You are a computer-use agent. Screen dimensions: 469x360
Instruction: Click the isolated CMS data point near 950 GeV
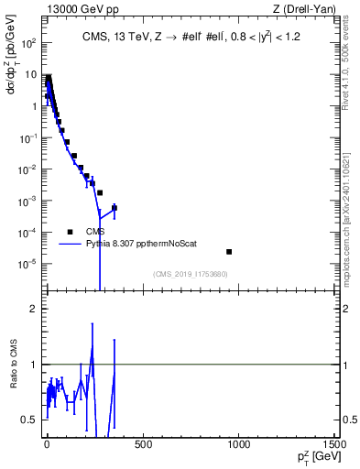[229, 252]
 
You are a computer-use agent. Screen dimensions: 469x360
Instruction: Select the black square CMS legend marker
[70, 232]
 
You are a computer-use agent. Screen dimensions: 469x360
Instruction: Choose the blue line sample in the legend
[70, 245]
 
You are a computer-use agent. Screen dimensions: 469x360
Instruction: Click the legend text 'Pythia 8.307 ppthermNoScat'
[136, 245]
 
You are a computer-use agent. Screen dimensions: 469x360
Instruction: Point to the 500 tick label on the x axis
[143, 446]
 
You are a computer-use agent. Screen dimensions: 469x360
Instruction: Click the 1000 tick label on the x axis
[239, 446]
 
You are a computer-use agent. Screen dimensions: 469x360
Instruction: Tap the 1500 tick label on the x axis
[335, 446]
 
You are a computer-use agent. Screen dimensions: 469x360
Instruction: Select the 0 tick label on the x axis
[47, 446]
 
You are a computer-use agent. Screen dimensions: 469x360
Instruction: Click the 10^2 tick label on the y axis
[29, 43]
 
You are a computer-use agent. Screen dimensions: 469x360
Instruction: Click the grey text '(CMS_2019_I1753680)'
[190, 273]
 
